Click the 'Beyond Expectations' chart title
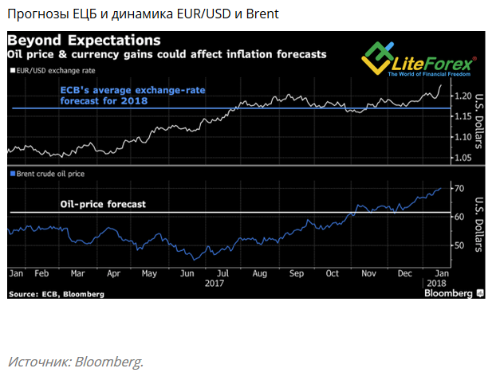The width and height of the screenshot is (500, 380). click(84, 40)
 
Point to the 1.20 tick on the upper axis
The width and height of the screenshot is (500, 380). click(461, 96)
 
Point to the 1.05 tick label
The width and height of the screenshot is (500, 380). click(461, 157)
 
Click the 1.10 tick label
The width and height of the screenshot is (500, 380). click(461, 137)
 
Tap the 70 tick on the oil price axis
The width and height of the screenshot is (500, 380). click(458, 189)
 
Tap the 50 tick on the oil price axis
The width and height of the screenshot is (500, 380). click(458, 245)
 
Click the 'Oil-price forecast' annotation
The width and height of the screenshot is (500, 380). click(103, 205)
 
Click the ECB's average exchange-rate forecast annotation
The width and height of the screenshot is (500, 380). click(132, 95)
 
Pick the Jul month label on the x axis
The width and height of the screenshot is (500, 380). click(224, 272)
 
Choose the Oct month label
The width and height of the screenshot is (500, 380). click(333, 272)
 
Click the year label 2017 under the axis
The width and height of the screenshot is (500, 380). click(215, 283)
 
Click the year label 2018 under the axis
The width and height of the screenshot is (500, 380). click(437, 283)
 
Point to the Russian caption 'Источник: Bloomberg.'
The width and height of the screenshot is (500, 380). click(76, 362)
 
